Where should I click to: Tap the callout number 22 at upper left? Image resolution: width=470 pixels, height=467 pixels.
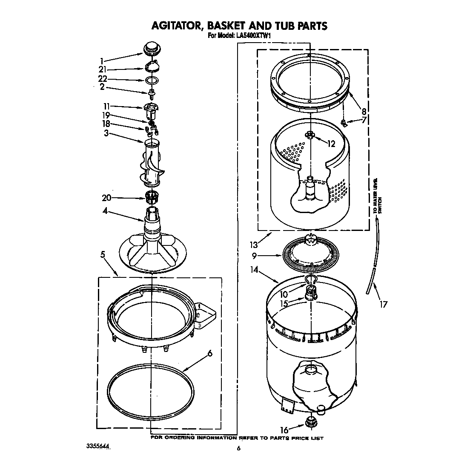pyautogui.click(x=103, y=79)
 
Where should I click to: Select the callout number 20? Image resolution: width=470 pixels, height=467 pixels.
pyautogui.click(x=106, y=198)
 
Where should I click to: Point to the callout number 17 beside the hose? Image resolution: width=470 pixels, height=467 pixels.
pyautogui.click(x=384, y=305)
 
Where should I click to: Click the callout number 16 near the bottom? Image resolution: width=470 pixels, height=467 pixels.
pyautogui.click(x=284, y=430)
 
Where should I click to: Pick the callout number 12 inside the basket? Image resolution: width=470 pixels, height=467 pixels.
pyautogui.click(x=331, y=144)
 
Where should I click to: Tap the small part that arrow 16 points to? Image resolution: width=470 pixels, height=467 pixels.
pyautogui.click(x=310, y=423)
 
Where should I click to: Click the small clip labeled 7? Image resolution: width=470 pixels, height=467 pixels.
pyautogui.click(x=343, y=123)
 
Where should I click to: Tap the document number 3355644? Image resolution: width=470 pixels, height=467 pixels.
pyautogui.click(x=97, y=447)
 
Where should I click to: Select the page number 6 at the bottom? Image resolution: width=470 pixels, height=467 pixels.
pyautogui.click(x=239, y=448)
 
